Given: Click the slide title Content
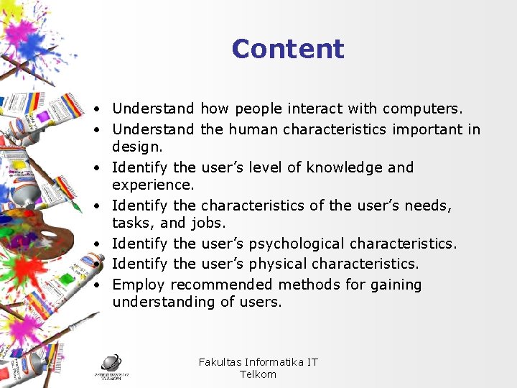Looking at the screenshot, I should point(288,49).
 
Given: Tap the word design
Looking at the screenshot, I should point(138,147).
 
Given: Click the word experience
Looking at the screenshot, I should point(152,185).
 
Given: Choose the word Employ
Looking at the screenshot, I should point(139,285).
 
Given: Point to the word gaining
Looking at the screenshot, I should point(396,285).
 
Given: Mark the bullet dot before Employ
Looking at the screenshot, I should point(96,285).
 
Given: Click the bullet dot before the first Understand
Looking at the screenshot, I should point(96,109).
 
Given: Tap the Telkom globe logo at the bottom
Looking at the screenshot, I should point(111,365).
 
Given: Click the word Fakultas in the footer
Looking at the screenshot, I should point(220,362).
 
